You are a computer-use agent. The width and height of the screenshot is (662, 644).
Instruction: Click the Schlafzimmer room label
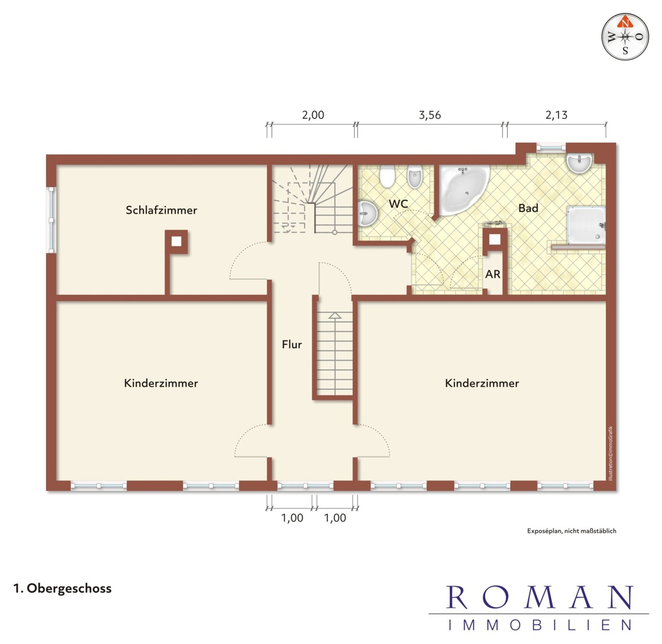(x=161, y=210)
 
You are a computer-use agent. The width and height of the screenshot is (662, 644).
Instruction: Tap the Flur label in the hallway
(x=292, y=344)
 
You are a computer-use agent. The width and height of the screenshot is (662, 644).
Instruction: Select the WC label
(x=398, y=204)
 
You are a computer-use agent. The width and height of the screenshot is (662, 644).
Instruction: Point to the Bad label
(x=528, y=208)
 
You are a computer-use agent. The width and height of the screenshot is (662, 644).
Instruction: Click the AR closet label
(x=493, y=274)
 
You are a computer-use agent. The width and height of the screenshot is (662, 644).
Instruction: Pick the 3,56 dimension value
(x=430, y=116)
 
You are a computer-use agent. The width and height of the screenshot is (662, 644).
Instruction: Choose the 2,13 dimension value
(x=556, y=116)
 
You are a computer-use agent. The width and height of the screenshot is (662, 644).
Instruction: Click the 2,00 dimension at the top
(x=313, y=115)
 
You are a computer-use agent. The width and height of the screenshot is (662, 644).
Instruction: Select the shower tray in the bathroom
(x=586, y=225)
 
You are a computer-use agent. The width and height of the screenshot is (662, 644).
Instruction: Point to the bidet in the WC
(x=415, y=177)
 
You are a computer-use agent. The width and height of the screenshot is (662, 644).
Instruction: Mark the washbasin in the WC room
(x=367, y=213)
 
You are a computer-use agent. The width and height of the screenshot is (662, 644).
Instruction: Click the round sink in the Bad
(x=579, y=164)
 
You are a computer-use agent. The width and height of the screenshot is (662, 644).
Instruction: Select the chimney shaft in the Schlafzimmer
(x=176, y=241)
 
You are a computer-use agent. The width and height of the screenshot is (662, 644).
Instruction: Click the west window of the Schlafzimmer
(x=51, y=220)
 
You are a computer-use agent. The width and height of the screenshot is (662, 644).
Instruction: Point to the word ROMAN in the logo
(x=539, y=598)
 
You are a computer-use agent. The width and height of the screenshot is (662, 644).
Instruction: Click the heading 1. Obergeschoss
(x=62, y=589)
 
